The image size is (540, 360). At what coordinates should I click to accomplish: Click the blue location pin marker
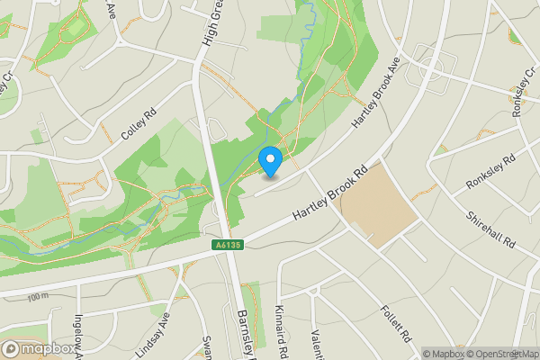pos(270,161)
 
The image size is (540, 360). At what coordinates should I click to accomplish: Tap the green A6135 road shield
pos(229,245)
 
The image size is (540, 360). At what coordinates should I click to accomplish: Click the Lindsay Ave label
pos(159,333)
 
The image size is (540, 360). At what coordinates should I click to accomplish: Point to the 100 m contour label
pos(37,297)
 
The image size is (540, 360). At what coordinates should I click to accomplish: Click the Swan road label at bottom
pos(207,346)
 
